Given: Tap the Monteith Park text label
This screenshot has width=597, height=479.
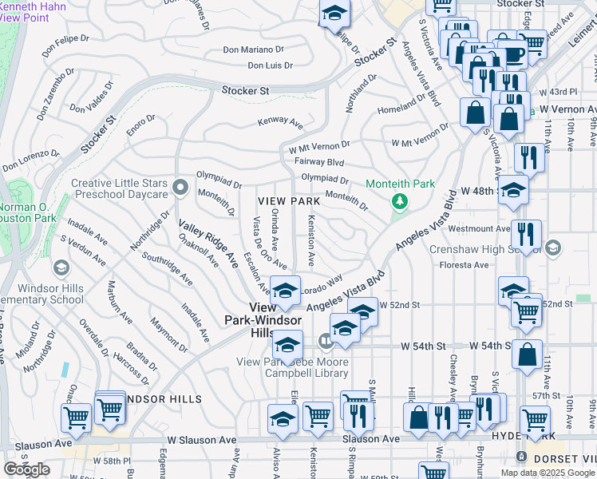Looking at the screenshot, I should click(400, 184).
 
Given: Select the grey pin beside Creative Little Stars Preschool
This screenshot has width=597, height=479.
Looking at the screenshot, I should click(180, 188).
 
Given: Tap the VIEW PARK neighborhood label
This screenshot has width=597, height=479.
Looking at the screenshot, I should click(288, 201).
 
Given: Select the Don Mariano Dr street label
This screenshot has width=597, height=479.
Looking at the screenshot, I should click(253, 49).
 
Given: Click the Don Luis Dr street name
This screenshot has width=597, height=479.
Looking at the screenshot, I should click(270, 65).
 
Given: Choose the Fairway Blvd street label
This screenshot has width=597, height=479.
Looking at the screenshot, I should click(318, 161).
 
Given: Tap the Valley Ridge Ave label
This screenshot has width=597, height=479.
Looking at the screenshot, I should click(208, 243).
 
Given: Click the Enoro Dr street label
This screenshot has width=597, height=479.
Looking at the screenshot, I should click(140, 124).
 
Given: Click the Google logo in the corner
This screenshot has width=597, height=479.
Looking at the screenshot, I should click(26, 469).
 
